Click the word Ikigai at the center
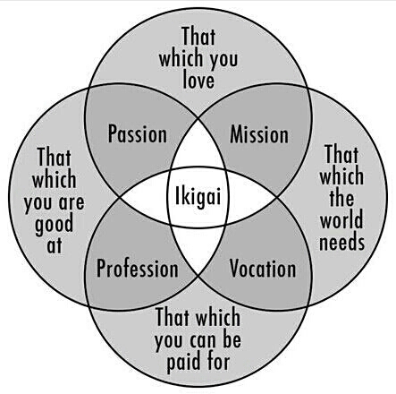coord(198,197)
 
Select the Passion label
coord(138,134)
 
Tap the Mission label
coord(259,134)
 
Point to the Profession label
coord(138,269)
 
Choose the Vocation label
coord(263,269)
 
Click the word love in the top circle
coord(198,80)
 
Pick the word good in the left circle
coord(54,225)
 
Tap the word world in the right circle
coord(341,219)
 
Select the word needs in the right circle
coord(341,241)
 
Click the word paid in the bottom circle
coord(183,363)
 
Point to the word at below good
coord(55,246)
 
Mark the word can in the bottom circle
coord(205,340)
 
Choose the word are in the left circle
coord(72,203)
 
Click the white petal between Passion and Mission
coord(198,146)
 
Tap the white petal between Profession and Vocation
coord(198,249)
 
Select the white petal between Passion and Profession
coord(145,197)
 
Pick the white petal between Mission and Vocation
coord(252,197)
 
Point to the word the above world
coord(341,198)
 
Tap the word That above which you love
coord(198,36)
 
